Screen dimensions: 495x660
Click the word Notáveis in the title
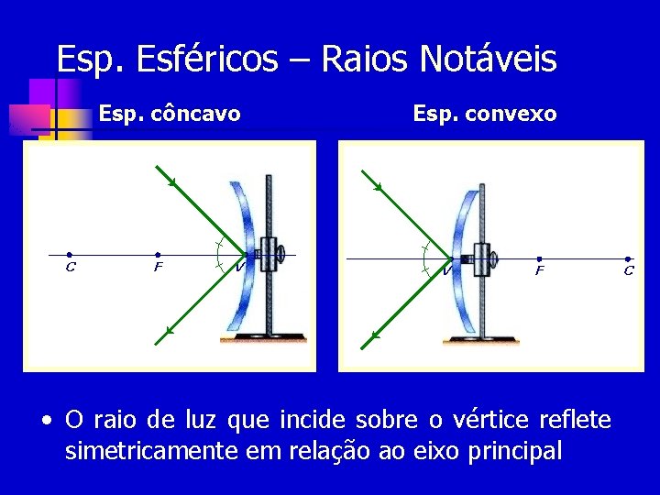[x=488, y=60]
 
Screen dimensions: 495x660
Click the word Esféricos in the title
[x=205, y=60]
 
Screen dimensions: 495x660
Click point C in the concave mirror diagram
[x=70, y=256]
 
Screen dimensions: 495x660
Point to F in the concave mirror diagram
[x=158, y=256]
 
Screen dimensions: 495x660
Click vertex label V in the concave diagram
[x=239, y=268]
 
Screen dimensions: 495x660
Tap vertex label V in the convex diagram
[x=445, y=270]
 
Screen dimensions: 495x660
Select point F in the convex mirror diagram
[x=539, y=259]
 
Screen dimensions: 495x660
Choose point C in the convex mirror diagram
[x=628, y=259]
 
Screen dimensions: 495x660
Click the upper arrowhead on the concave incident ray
[x=172, y=183]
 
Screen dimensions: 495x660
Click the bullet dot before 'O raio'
[x=45, y=422]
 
